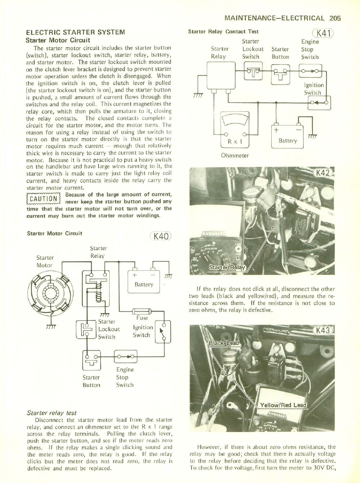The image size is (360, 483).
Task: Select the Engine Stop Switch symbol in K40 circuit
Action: tap(126, 356)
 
